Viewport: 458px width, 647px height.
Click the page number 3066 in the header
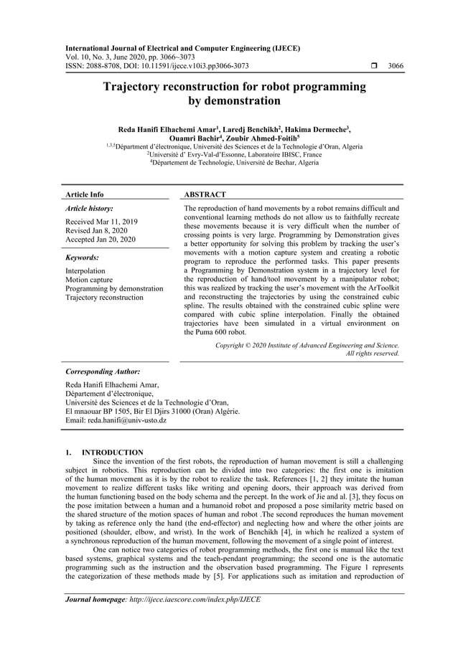[x=395, y=66]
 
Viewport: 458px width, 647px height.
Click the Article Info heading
[x=84, y=194]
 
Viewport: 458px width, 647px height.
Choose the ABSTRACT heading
[x=205, y=194]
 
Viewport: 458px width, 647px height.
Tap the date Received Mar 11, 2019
[x=101, y=222]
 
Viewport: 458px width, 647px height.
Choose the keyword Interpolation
[x=85, y=271]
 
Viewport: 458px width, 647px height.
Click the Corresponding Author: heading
[x=102, y=372]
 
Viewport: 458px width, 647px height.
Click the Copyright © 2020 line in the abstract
[x=307, y=345]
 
